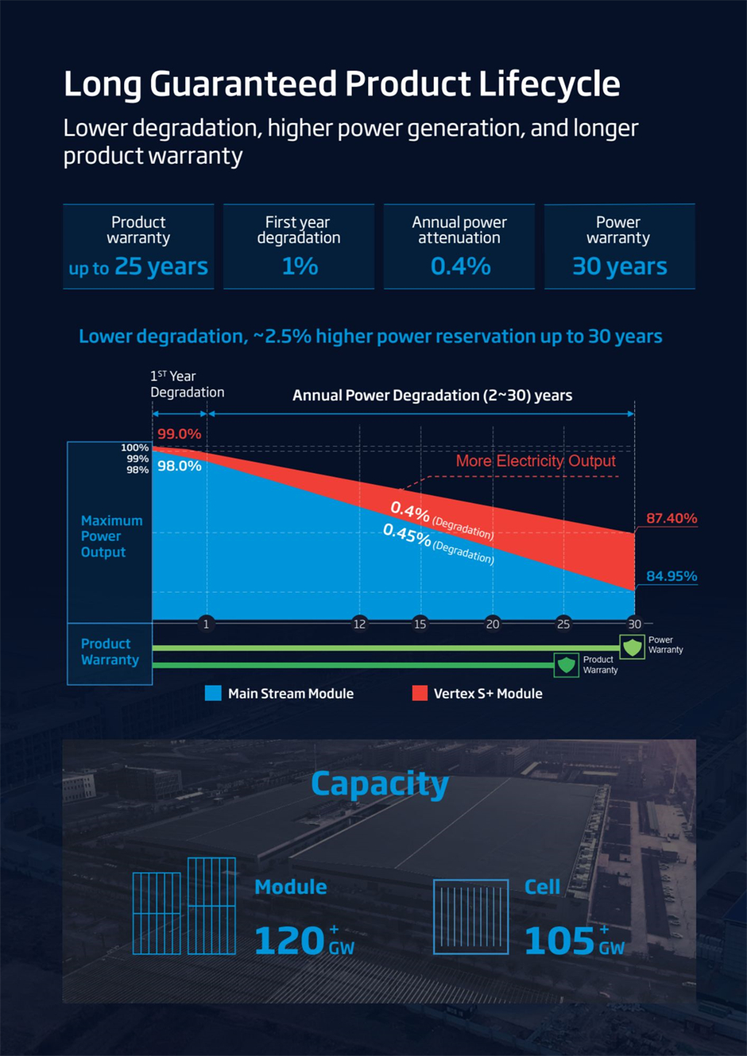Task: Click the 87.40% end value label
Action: (671, 518)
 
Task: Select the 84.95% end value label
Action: (671, 576)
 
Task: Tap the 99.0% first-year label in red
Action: (179, 434)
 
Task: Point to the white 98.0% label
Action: (179, 466)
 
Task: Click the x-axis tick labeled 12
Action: (359, 624)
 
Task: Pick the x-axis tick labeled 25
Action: (563, 624)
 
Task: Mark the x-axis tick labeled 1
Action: (206, 624)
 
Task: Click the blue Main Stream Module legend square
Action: (213, 693)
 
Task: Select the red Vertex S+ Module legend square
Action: (420, 693)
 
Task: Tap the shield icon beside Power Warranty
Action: (632, 647)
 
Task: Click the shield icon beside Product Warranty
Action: (566, 664)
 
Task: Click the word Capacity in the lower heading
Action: (379, 784)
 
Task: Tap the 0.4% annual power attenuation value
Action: (460, 266)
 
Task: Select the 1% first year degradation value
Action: (299, 266)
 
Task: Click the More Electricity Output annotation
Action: (535, 461)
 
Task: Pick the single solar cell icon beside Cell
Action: (470, 916)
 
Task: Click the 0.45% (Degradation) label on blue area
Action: (438, 543)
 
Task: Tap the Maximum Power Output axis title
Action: (111, 536)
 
